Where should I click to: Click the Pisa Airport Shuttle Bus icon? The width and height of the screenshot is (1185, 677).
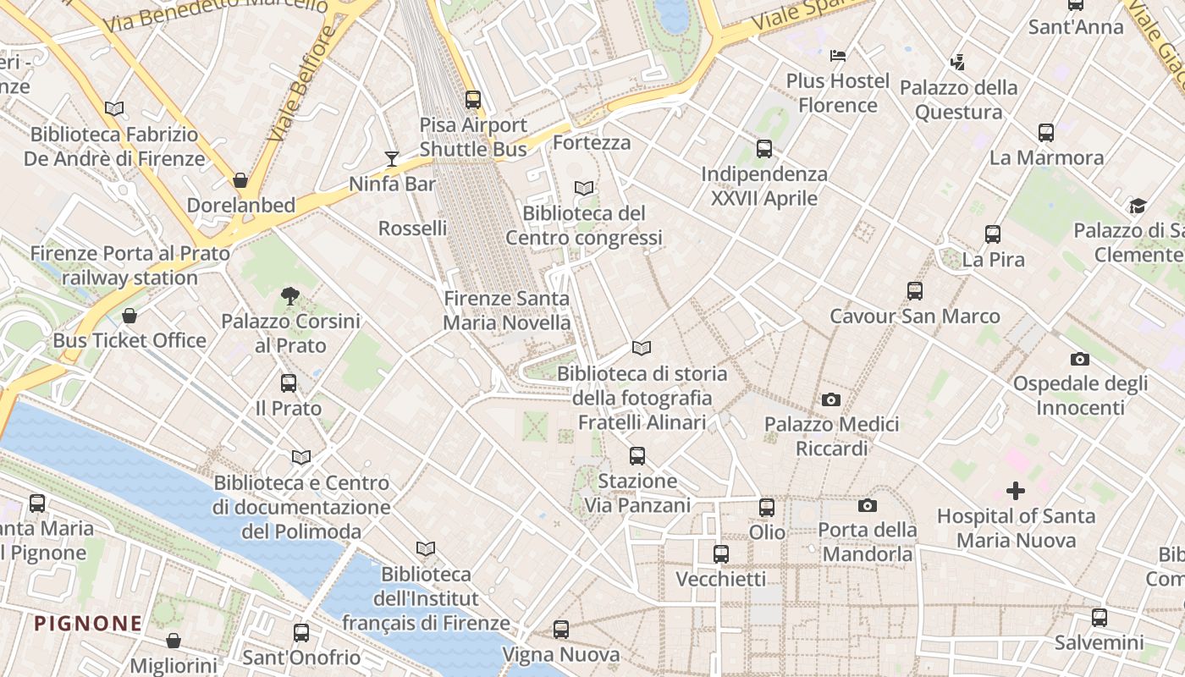click(473, 99)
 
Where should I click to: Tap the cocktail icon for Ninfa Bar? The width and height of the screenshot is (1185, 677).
click(391, 158)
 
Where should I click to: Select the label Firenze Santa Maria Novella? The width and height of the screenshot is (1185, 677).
click(507, 311)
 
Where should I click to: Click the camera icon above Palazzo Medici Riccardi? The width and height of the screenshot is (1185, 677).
click(831, 399)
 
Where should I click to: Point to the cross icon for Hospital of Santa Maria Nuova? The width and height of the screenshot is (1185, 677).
click(1015, 491)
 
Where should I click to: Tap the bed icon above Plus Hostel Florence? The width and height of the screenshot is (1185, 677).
click(838, 56)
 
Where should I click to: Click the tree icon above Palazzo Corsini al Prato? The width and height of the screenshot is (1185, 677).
click(290, 295)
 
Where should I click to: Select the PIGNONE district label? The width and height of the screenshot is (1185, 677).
click(88, 624)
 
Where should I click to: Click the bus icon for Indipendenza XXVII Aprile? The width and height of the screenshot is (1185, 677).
click(764, 149)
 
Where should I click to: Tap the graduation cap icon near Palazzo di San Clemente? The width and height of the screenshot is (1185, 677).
click(1138, 206)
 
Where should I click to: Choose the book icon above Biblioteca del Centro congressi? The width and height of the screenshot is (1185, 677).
click(583, 188)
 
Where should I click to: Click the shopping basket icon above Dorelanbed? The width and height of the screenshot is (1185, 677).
click(240, 180)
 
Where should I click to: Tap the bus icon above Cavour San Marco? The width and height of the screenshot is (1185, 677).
click(915, 291)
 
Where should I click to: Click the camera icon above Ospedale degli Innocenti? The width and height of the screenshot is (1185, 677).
click(1079, 359)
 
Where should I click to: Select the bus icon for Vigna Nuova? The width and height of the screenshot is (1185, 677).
click(561, 630)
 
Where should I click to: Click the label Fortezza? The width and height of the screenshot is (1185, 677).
click(592, 142)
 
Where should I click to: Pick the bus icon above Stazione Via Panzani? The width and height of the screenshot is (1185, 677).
click(637, 456)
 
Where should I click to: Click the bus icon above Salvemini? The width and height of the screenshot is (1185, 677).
click(1100, 618)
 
